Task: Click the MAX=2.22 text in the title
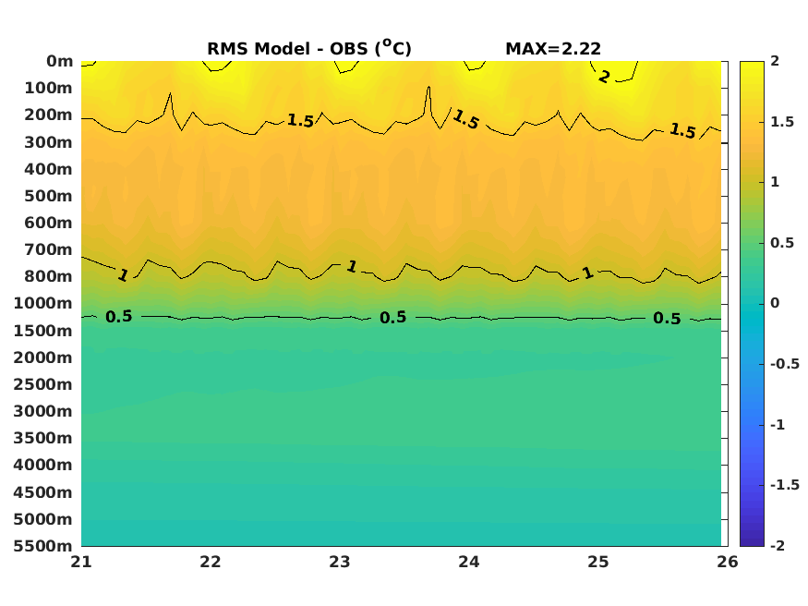[553, 48]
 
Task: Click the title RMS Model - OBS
[308, 48]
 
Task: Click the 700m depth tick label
[48, 249]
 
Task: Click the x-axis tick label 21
[81, 562]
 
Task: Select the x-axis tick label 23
[340, 562]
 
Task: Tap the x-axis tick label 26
[727, 562]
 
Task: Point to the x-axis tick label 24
[469, 562]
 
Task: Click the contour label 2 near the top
[603, 77]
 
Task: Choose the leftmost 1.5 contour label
[300, 120]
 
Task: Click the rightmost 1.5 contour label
[682, 131]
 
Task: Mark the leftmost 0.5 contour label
[118, 316]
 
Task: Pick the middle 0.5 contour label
[392, 317]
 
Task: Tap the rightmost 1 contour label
[587, 273]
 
